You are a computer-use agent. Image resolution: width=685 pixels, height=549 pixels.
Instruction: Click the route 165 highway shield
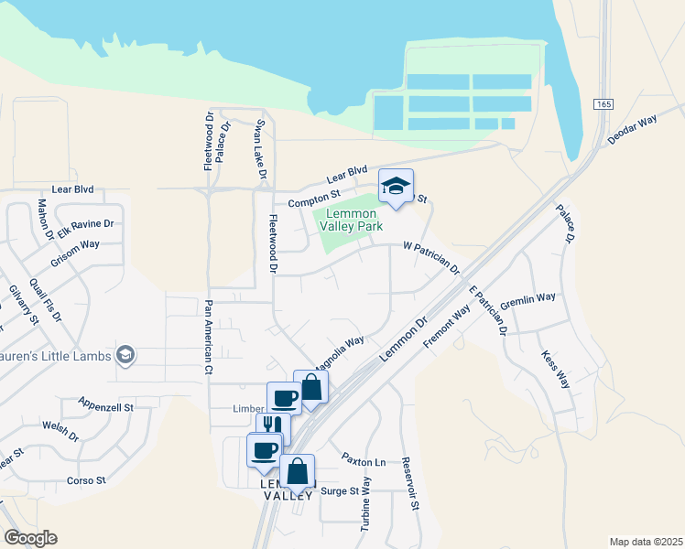tap(602, 104)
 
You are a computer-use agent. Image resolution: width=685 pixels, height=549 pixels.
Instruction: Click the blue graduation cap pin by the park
tap(396, 187)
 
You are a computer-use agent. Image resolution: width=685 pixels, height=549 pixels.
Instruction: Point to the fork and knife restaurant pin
tap(273, 426)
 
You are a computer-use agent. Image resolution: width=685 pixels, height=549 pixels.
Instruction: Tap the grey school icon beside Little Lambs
tap(125, 356)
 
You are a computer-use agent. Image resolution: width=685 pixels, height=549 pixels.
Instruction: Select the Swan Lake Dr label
tap(261, 148)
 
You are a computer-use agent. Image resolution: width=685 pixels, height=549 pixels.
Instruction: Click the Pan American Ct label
tap(209, 338)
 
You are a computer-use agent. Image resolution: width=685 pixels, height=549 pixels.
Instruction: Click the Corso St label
tap(87, 479)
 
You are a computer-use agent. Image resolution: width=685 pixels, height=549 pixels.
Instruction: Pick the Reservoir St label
tap(411, 482)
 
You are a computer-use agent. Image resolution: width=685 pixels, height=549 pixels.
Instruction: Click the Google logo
tap(30, 538)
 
